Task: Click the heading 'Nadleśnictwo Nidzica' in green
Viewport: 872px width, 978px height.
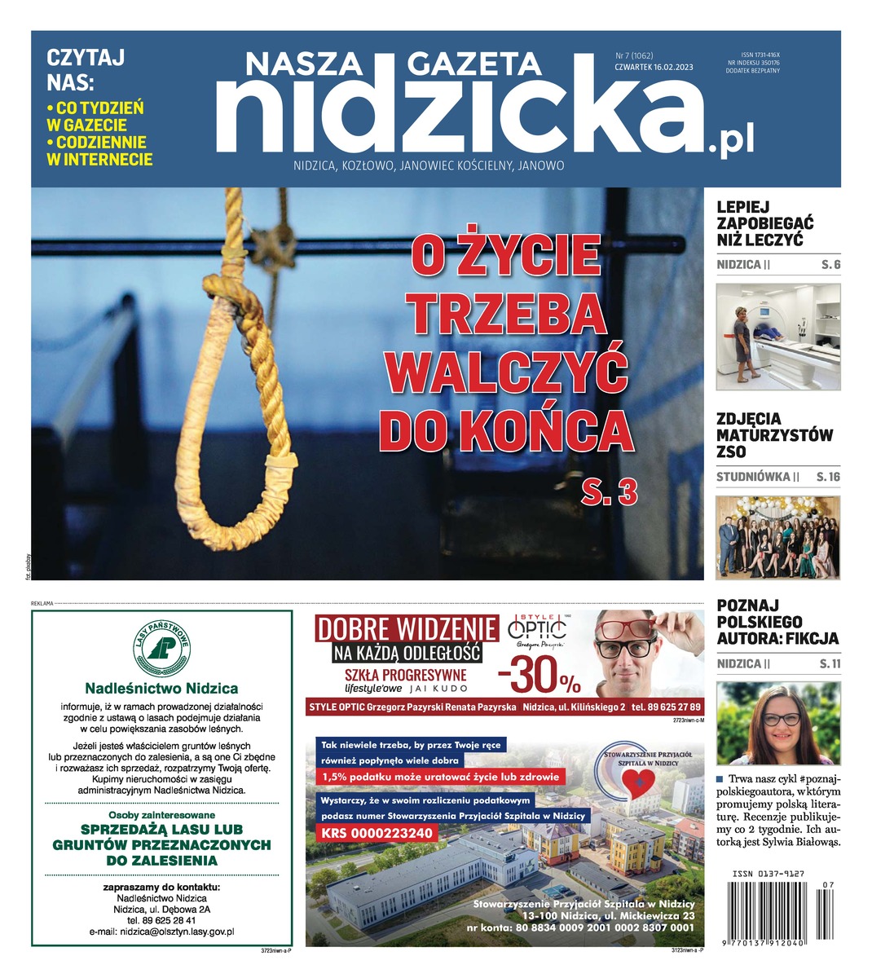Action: click(161, 688)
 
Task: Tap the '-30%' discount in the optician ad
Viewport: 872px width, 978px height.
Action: click(539, 676)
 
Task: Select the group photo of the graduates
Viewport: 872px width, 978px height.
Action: click(777, 538)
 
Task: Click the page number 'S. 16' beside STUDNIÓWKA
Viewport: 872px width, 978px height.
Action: click(828, 477)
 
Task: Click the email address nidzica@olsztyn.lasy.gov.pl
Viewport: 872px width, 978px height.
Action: click(161, 931)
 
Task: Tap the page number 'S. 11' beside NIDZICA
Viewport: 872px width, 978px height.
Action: click(830, 664)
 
